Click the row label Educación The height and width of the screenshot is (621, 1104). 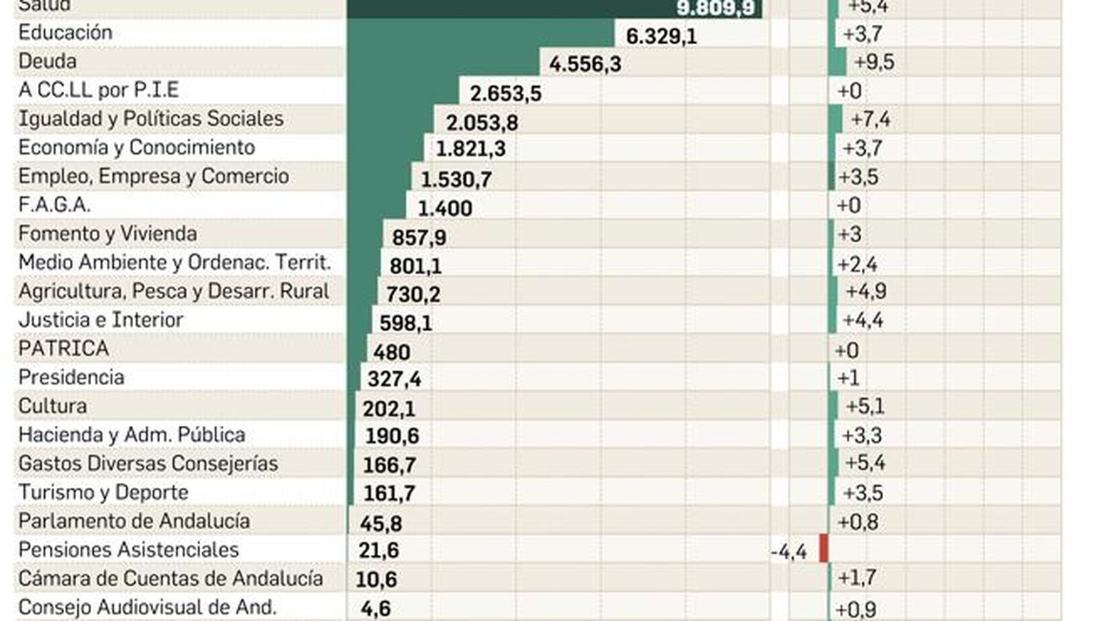point(65,32)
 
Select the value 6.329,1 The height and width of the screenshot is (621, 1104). point(661,36)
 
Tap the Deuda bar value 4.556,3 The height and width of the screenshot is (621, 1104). point(585,64)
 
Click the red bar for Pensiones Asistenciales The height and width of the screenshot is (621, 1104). point(823,549)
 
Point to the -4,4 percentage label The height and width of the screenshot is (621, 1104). point(789,552)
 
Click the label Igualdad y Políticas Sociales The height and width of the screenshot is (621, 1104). point(150,119)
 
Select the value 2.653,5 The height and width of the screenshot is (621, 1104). point(505,93)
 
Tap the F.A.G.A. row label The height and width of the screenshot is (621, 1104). point(54,205)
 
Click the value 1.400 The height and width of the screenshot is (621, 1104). point(445,208)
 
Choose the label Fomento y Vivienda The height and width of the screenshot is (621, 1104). point(107,234)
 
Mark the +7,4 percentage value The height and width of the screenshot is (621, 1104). point(870,119)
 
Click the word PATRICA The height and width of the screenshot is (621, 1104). point(63,348)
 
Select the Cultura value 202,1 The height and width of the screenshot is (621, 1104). point(388,408)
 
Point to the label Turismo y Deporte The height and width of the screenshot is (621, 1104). point(103,493)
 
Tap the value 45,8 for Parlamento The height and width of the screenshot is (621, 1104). point(380,524)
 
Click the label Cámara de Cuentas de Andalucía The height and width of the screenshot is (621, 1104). point(170,578)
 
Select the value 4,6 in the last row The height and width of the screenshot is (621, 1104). point(375,609)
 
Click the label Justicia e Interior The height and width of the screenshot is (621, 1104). point(101,320)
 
